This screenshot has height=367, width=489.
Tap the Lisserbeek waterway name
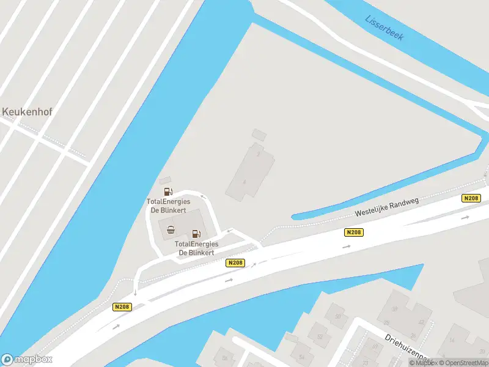(x=384, y=28)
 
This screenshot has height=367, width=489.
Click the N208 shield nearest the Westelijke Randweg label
(x=353, y=232)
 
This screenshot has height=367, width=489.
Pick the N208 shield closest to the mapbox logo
(x=122, y=307)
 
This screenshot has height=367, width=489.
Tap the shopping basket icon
(x=171, y=230)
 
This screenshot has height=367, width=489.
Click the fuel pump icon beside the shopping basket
(x=196, y=233)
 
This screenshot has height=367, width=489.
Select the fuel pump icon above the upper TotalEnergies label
(x=168, y=191)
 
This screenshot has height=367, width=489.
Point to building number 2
(x=259, y=154)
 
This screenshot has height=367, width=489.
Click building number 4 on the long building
(x=244, y=182)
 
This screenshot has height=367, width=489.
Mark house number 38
(x=387, y=308)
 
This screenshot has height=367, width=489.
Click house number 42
(x=421, y=322)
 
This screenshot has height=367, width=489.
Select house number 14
(x=451, y=339)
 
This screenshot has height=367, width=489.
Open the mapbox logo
(x=27, y=360)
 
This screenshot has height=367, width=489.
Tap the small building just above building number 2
(x=259, y=134)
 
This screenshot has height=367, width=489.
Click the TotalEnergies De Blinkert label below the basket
(x=196, y=248)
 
